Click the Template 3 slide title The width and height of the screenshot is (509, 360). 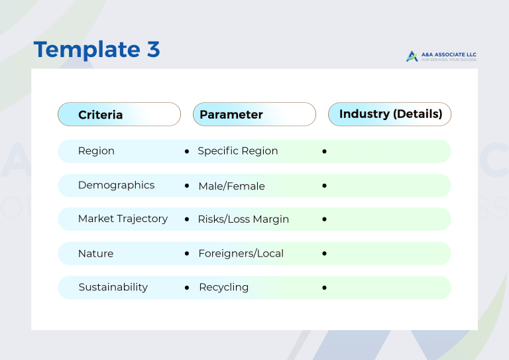[x=97, y=50]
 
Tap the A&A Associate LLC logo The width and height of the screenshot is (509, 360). [x=441, y=56]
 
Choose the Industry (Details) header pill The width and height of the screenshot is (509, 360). [x=390, y=114]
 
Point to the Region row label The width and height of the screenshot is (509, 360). [x=96, y=151]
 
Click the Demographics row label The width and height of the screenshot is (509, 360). [x=116, y=186]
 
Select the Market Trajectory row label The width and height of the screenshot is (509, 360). [x=123, y=219]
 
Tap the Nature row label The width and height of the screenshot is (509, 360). [x=95, y=254]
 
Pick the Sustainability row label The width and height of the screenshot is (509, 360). [x=113, y=288]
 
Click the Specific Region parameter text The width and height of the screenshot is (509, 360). [x=238, y=151]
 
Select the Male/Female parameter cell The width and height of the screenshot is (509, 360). [x=231, y=186]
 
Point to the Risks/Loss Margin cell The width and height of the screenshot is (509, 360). [x=243, y=219]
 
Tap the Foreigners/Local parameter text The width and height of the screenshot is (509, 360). [x=241, y=254]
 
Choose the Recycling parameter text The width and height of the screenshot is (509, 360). [x=223, y=288]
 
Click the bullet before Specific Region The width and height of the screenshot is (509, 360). [x=187, y=152]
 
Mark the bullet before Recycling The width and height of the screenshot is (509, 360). [x=187, y=288]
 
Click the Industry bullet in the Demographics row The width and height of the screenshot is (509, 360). [x=324, y=186]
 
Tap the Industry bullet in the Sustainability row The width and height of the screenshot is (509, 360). [x=324, y=288]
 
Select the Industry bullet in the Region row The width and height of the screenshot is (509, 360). [x=324, y=152]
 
